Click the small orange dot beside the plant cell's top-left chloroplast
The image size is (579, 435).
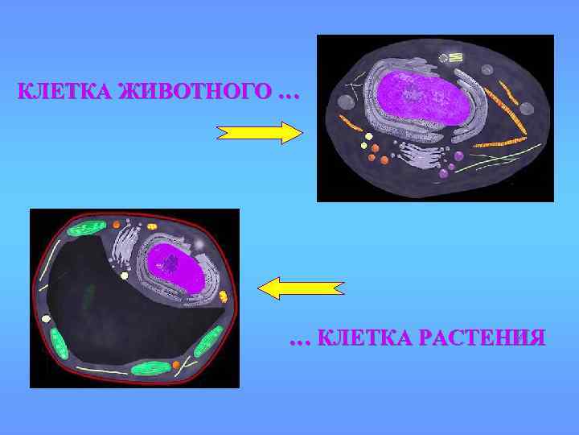pyautogui.click(x=117, y=225)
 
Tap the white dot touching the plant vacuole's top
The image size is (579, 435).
pyautogui.click(x=125, y=275)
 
